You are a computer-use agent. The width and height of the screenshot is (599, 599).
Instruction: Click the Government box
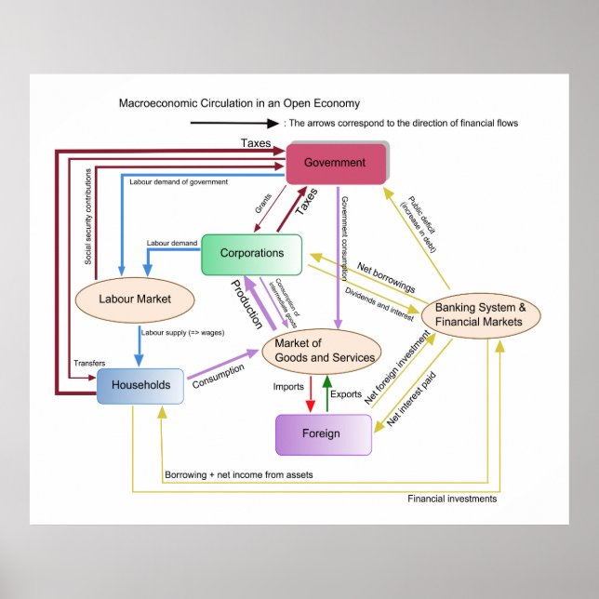(x=335, y=164)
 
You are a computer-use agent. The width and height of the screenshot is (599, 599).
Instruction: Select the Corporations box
(x=252, y=254)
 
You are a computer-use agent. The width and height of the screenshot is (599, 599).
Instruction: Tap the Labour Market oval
(x=134, y=299)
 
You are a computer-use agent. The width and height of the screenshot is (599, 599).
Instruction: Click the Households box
(x=140, y=385)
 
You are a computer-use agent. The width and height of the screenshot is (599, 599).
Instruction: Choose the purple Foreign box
(x=323, y=433)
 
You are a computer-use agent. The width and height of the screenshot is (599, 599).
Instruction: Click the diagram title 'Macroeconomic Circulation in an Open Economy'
(x=239, y=103)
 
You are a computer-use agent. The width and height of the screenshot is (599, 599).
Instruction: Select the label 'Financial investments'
(x=452, y=499)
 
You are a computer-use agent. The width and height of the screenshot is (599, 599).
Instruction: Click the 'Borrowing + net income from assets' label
(x=239, y=475)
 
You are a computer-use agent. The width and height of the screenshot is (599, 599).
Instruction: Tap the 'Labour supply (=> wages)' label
(x=183, y=332)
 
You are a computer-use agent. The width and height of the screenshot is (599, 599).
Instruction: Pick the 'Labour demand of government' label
(x=179, y=182)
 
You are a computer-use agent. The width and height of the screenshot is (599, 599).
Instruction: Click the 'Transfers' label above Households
(x=89, y=363)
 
